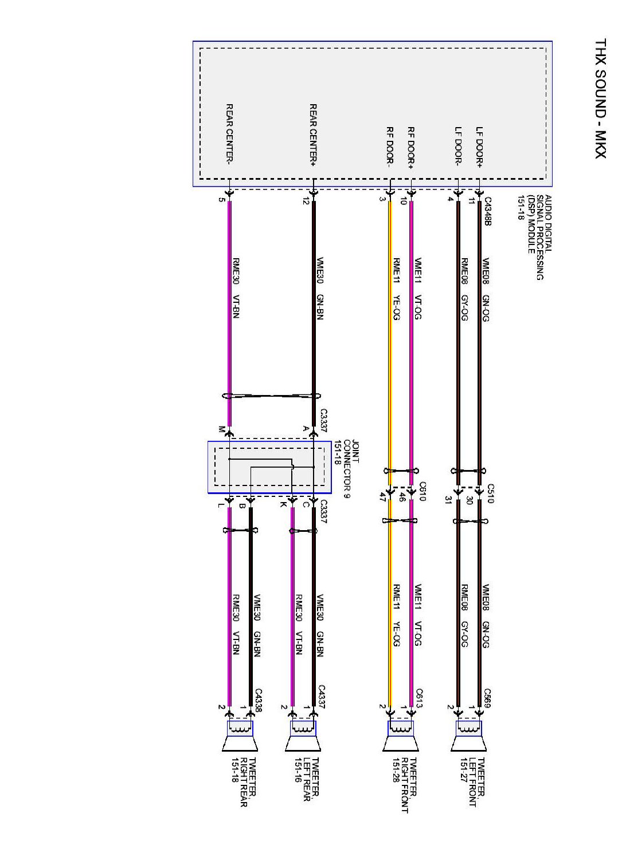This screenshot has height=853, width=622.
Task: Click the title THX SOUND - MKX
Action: tap(600, 98)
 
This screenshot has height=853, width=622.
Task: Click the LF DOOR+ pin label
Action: tap(479, 147)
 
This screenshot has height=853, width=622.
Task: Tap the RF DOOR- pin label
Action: tap(390, 147)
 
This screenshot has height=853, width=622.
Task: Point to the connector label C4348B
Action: tap(488, 211)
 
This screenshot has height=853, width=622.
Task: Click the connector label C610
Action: tap(423, 491)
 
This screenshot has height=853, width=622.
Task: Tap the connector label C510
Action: tap(490, 493)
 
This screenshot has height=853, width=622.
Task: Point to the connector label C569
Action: tap(487, 698)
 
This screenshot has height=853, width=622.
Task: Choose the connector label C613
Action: tap(419, 698)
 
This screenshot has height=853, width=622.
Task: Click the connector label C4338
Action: tap(258, 700)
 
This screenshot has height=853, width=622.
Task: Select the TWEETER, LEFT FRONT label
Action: tap(472, 782)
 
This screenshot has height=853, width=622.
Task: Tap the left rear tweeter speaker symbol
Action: tap(303, 736)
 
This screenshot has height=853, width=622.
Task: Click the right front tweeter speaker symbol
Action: tap(401, 736)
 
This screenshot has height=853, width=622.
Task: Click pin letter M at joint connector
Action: tap(221, 429)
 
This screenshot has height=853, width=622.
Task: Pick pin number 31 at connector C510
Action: tap(448, 500)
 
